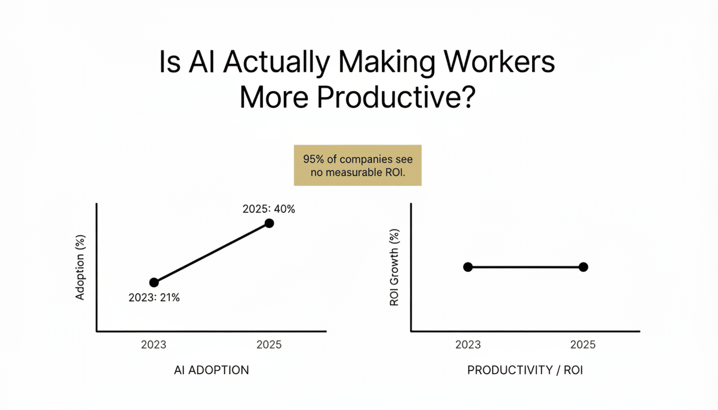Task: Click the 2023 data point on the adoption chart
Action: pos(154,282)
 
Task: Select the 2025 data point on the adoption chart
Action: pos(269,223)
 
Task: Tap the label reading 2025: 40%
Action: pos(269,209)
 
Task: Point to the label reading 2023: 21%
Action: pos(154,298)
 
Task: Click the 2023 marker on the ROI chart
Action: pos(468,267)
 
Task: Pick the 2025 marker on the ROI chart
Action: pos(583,267)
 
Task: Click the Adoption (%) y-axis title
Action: pos(81,268)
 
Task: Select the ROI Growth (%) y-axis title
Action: pos(395,268)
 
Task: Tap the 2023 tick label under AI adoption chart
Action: pos(154,345)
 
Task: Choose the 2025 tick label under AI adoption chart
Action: pos(269,345)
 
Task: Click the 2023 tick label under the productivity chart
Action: pos(468,345)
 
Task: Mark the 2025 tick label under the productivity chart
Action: pos(583,345)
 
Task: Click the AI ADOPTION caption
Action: pos(212,370)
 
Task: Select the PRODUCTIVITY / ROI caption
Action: pos(525,370)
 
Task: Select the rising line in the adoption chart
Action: pos(212,253)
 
